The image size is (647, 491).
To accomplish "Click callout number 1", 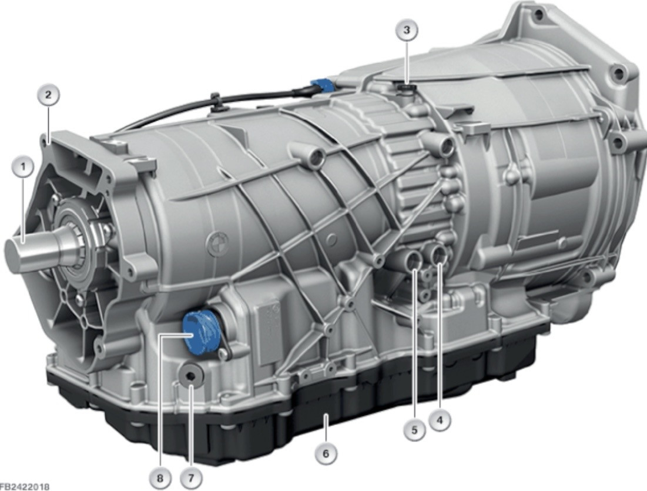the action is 24,167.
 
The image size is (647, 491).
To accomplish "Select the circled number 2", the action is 48,95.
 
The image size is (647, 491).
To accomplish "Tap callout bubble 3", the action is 407,30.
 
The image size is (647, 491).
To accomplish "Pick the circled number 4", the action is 440,420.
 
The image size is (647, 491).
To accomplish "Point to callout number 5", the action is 414,430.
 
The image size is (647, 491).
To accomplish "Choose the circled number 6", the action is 326,453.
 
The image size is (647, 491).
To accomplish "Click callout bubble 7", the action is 191,478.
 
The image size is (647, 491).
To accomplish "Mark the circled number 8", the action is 160,478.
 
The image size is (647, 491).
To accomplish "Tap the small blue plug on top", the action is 323,85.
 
